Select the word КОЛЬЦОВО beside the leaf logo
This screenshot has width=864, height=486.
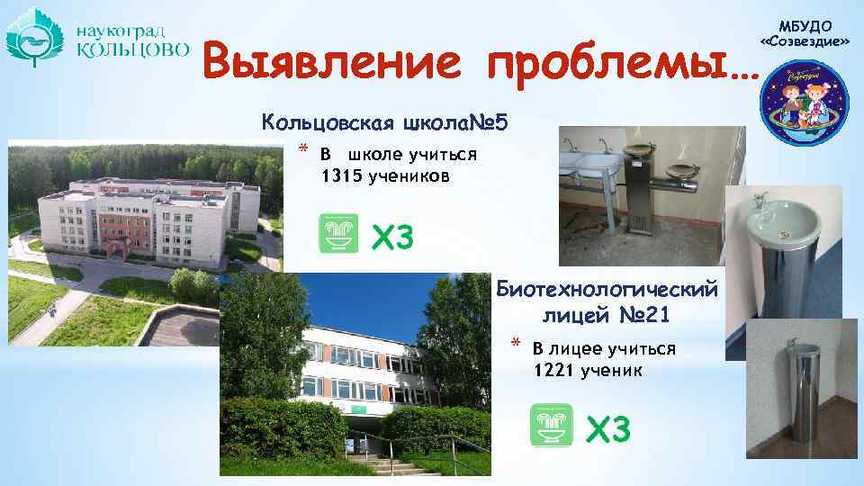131,49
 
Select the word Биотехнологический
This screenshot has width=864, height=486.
607,290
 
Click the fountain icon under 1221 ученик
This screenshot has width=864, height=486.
551,425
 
